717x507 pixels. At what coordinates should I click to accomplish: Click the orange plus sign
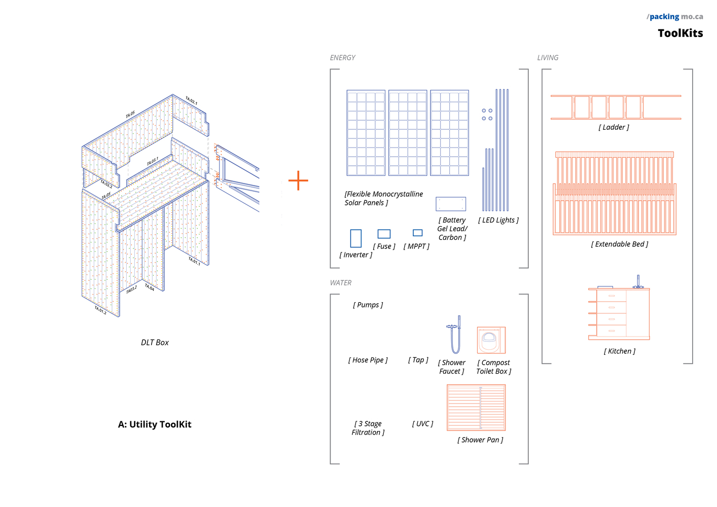[x=298, y=180]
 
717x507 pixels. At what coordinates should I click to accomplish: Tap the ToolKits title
[x=680, y=33]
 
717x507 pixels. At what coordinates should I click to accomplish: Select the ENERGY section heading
[x=342, y=58]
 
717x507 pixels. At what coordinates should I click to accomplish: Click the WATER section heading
[x=340, y=283]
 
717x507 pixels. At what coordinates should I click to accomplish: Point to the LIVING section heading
[x=548, y=58]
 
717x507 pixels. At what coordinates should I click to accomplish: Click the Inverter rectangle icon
[x=355, y=238]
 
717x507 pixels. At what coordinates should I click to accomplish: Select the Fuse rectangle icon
[x=384, y=234]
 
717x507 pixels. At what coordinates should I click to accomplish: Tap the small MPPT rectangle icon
[x=417, y=233]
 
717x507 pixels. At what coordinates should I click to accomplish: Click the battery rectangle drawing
[x=450, y=204]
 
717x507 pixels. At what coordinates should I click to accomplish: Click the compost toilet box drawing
[x=491, y=340]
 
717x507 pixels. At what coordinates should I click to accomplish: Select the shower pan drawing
[x=476, y=408]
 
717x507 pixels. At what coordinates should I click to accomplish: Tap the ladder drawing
[x=616, y=107]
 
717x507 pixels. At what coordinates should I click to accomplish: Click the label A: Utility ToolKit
[x=155, y=425]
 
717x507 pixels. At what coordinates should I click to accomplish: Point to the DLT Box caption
[x=155, y=343]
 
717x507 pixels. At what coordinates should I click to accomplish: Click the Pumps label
[x=368, y=305]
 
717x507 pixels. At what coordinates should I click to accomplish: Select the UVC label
[x=422, y=424]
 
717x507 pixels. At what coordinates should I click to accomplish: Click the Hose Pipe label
[x=368, y=360]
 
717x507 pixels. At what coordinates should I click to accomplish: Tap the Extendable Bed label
[x=619, y=244]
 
